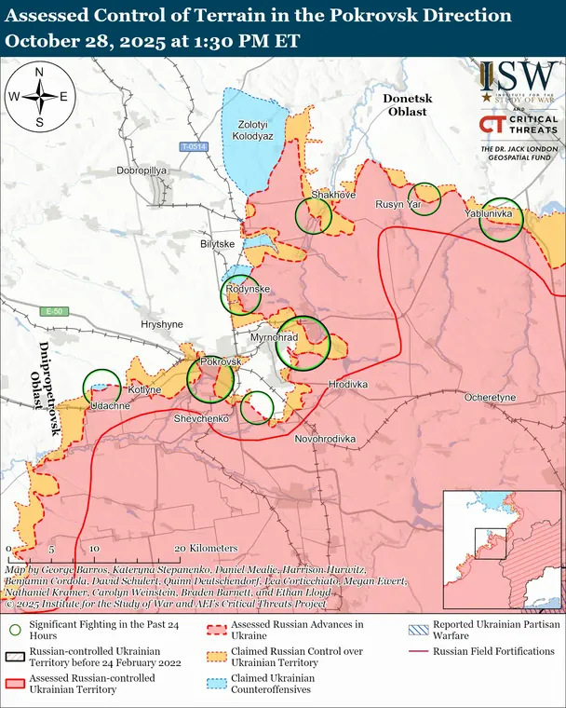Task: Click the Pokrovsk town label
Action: pos(221,361)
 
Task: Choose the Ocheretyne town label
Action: pos(490,397)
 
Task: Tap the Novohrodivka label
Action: pos(326,438)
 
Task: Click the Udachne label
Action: pos(110,406)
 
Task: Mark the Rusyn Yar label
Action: pos(399,203)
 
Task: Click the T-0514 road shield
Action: pos(193,147)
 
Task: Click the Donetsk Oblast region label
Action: pos(405,104)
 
